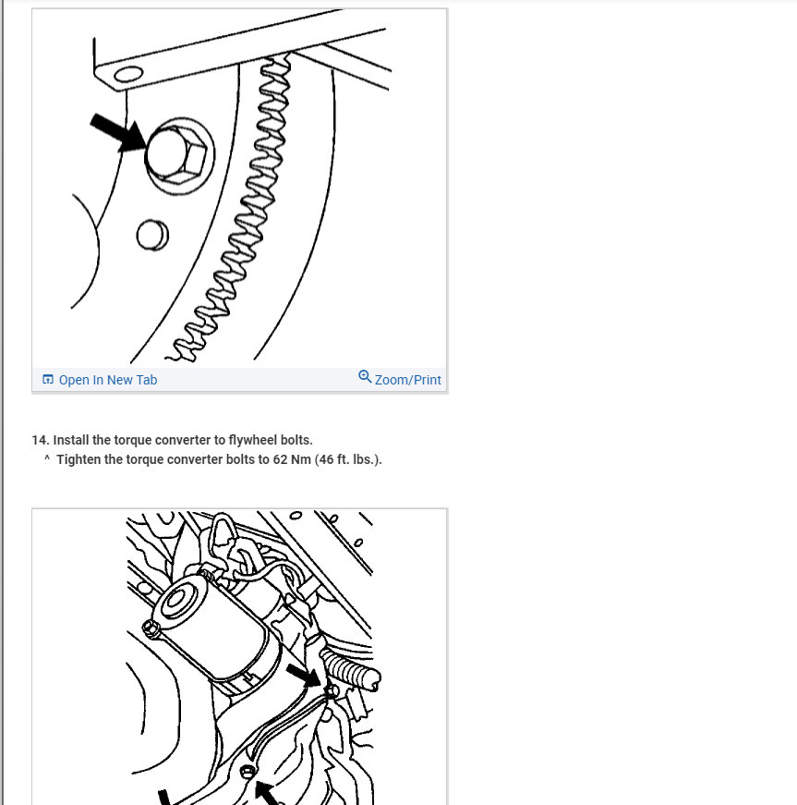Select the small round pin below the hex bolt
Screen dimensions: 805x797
[x=151, y=235]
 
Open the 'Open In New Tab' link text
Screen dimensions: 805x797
[x=108, y=380]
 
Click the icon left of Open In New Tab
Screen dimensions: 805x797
[x=48, y=380]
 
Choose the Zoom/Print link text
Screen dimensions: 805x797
[x=407, y=380]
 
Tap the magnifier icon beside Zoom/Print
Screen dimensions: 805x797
[x=365, y=377]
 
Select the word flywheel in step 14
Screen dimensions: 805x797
[x=259, y=440]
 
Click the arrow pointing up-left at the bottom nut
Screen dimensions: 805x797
[x=270, y=793]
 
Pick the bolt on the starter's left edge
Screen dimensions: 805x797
[x=151, y=628]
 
